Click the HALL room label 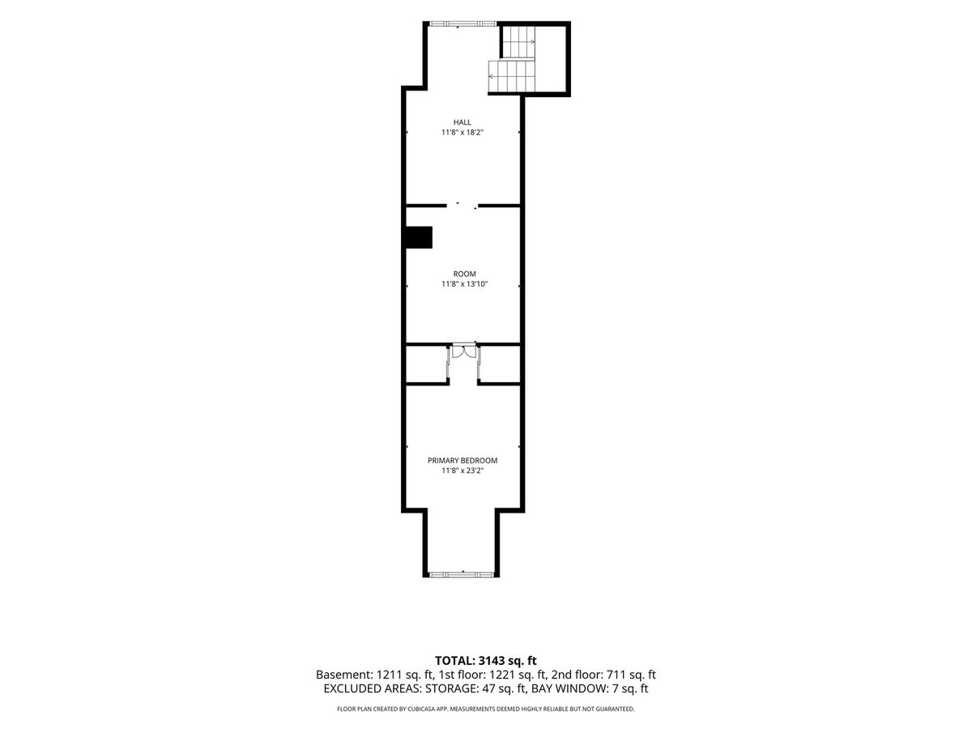pyautogui.click(x=462, y=122)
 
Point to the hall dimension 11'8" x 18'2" pyautogui.click(x=462, y=132)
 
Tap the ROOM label pyautogui.click(x=464, y=274)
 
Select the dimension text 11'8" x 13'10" pyautogui.click(x=464, y=284)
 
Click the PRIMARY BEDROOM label pyautogui.click(x=463, y=461)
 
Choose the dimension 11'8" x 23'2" pyautogui.click(x=462, y=471)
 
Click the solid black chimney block pyautogui.click(x=419, y=237)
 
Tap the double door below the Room pyautogui.click(x=463, y=352)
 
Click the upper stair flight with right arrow pyautogui.click(x=519, y=42)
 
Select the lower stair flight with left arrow pyautogui.click(x=511, y=76)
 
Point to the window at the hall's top pyautogui.click(x=463, y=23)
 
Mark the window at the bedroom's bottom pyautogui.click(x=462, y=574)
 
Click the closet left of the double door pyautogui.click(x=426, y=364)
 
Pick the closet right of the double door pyautogui.click(x=500, y=364)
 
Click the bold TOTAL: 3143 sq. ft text pyautogui.click(x=486, y=661)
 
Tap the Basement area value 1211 pyautogui.click(x=389, y=675)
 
